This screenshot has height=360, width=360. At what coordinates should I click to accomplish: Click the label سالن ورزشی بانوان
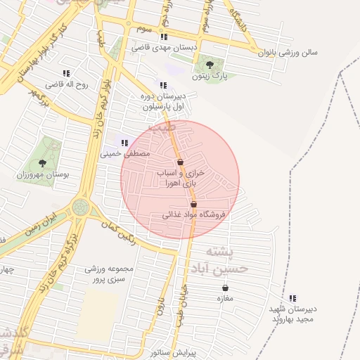coord(288,52)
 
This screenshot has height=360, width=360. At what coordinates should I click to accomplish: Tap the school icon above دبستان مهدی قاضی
coord(164,37)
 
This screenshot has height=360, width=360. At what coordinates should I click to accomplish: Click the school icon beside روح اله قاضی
coord(66,73)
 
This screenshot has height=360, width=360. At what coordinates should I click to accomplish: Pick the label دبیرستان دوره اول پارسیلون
coord(164,103)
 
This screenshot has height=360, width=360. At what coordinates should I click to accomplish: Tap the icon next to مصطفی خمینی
coord(124,143)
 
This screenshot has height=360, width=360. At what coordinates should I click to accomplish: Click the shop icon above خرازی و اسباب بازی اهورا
coord(181,162)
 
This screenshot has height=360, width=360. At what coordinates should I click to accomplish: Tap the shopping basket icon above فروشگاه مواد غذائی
coord(193,204)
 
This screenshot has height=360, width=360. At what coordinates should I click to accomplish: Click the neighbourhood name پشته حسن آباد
coord(226,259)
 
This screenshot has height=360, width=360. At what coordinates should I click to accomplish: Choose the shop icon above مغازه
coord(225,288)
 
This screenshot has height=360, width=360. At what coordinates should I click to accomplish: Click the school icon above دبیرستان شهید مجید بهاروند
coord(292,297)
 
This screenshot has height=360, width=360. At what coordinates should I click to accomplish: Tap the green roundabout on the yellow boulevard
coord(80,207)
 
